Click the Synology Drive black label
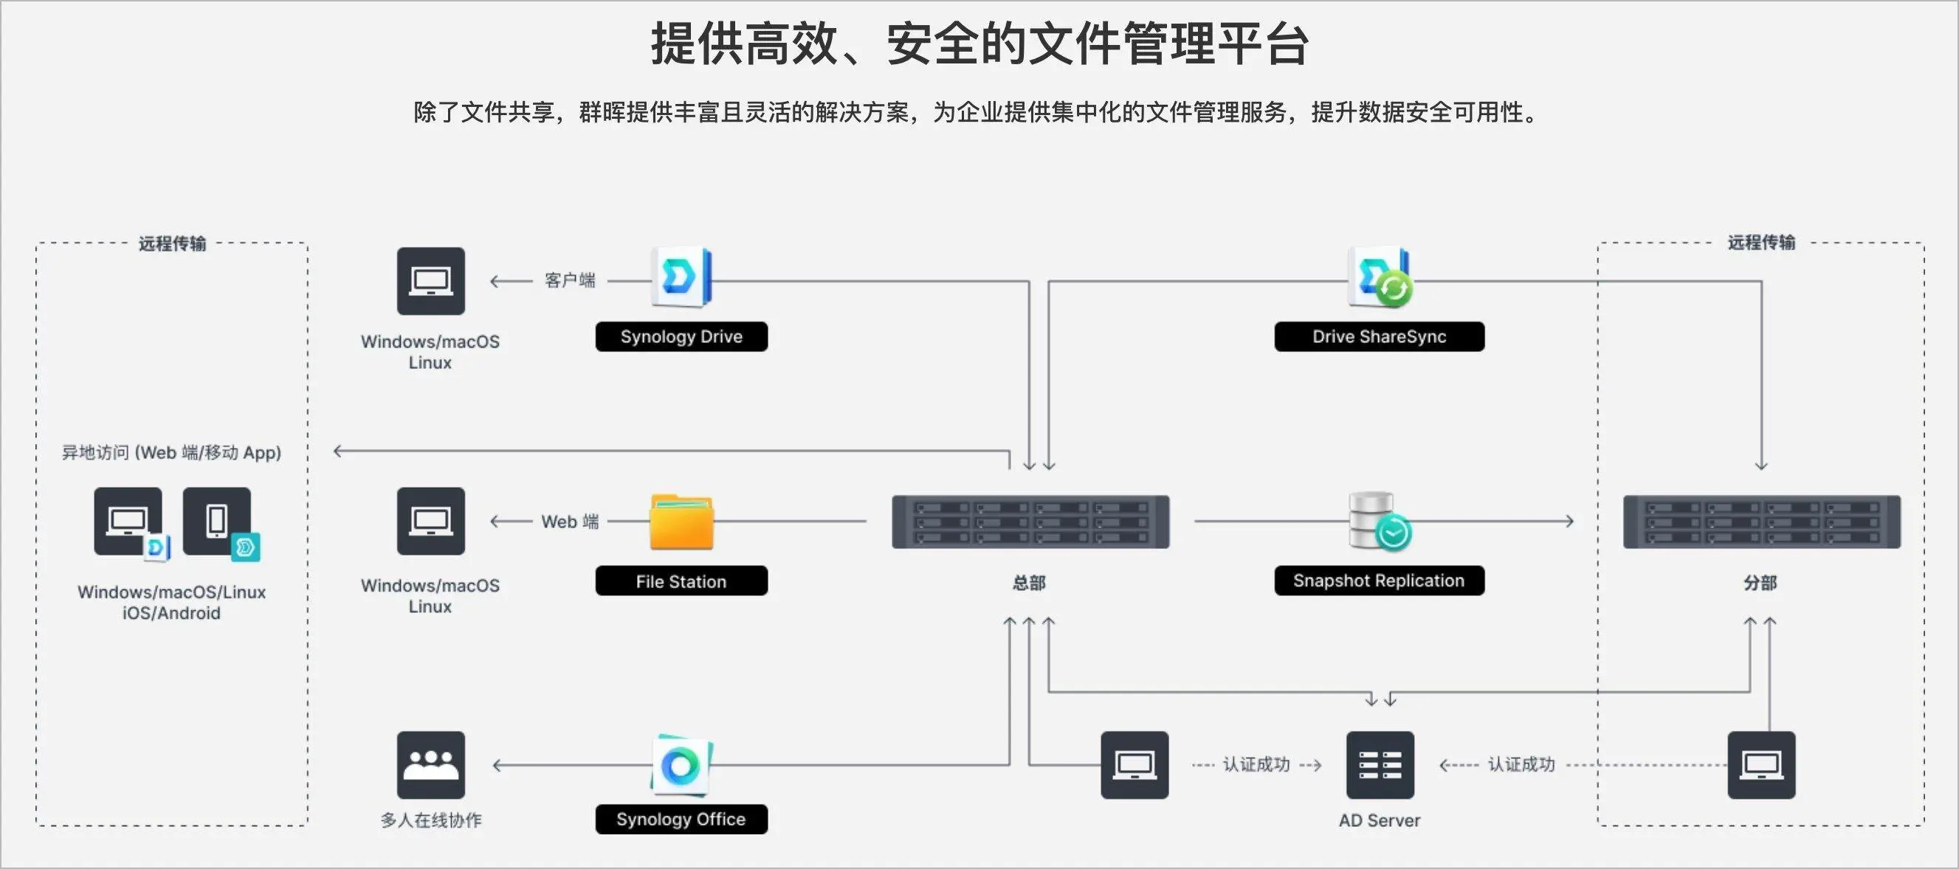(x=681, y=337)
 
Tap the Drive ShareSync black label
(x=1379, y=337)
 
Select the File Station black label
(x=681, y=581)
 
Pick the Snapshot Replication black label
(x=1379, y=581)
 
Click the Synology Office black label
(x=681, y=819)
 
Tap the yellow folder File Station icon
(x=681, y=522)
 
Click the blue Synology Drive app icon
(x=681, y=277)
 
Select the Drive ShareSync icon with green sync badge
(x=1380, y=277)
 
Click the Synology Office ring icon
(x=681, y=764)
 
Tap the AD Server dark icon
(x=1380, y=765)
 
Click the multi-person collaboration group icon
(x=430, y=765)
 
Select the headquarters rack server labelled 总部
(x=1030, y=522)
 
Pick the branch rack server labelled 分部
(x=1761, y=522)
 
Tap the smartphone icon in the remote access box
(x=218, y=522)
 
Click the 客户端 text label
(x=570, y=280)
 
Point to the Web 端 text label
(x=570, y=522)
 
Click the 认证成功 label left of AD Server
(x=1256, y=764)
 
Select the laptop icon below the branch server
(x=1761, y=765)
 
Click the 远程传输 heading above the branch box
(x=1761, y=243)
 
